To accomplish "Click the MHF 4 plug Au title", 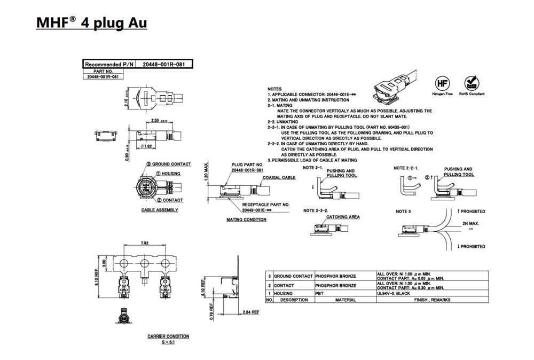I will pyautogui.click(x=91, y=23).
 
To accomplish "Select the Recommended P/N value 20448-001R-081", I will pyautogui.click(x=164, y=64).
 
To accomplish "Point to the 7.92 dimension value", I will pyautogui.click(x=144, y=243).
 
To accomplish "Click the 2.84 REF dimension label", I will pyautogui.click(x=250, y=311).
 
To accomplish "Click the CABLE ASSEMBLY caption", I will pyautogui.click(x=160, y=210).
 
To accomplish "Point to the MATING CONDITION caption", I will pyautogui.click(x=246, y=220).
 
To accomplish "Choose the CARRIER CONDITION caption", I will pyautogui.click(x=168, y=336).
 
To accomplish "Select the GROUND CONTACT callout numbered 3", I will pyautogui.click(x=168, y=164).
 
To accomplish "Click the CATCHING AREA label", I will pyautogui.click(x=343, y=217).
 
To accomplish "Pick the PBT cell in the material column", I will pyautogui.click(x=322, y=293).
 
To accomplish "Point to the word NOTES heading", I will pyautogui.click(x=274, y=89).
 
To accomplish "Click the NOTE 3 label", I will pyautogui.click(x=403, y=212).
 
